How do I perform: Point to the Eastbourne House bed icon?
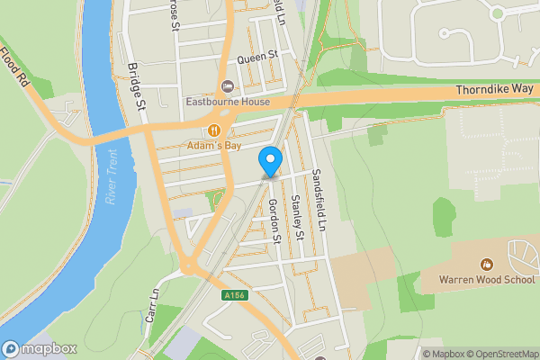point(226,86)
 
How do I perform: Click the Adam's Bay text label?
point(214,145)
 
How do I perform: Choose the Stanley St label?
point(296,220)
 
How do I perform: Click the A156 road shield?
point(233,294)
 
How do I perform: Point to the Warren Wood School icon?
point(487,265)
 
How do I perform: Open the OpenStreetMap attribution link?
point(499,354)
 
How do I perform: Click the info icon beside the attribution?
point(417,354)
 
